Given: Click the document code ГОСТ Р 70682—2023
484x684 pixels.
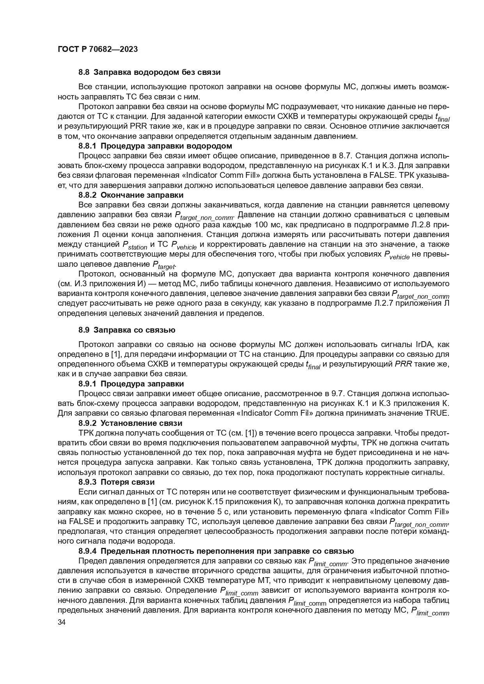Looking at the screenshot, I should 98,50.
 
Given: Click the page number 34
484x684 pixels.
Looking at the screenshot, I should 62,623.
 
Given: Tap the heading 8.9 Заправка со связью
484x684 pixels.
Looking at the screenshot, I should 127,330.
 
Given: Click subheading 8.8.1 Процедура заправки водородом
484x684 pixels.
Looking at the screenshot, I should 155,146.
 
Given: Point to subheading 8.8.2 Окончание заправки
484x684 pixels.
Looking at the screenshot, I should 131,195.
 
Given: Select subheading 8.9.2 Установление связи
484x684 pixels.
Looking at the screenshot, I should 130,423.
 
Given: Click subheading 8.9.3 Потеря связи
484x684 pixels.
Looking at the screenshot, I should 117,482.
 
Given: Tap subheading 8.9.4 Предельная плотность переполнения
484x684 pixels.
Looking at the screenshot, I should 216,551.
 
